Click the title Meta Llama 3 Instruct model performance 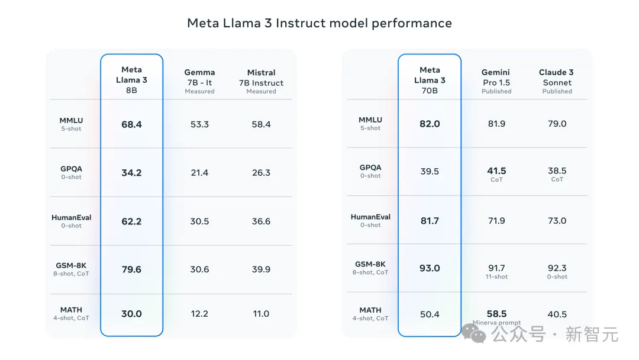point(319,23)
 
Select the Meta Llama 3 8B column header point(131,80)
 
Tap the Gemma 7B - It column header point(199,81)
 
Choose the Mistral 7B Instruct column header point(261,81)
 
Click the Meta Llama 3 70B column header point(430,80)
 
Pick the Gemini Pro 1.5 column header point(496,81)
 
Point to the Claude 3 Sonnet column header point(557,81)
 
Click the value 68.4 point(131,124)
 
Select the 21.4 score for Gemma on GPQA point(199,173)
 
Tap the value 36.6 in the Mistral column point(261,221)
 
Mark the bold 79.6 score point(131,269)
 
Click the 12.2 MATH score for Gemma point(199,314)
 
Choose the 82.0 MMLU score point(430,124)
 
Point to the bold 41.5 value point(496,171)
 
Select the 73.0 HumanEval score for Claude point(557,221)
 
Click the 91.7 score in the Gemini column point(496,268)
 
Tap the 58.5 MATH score point(496,314)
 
